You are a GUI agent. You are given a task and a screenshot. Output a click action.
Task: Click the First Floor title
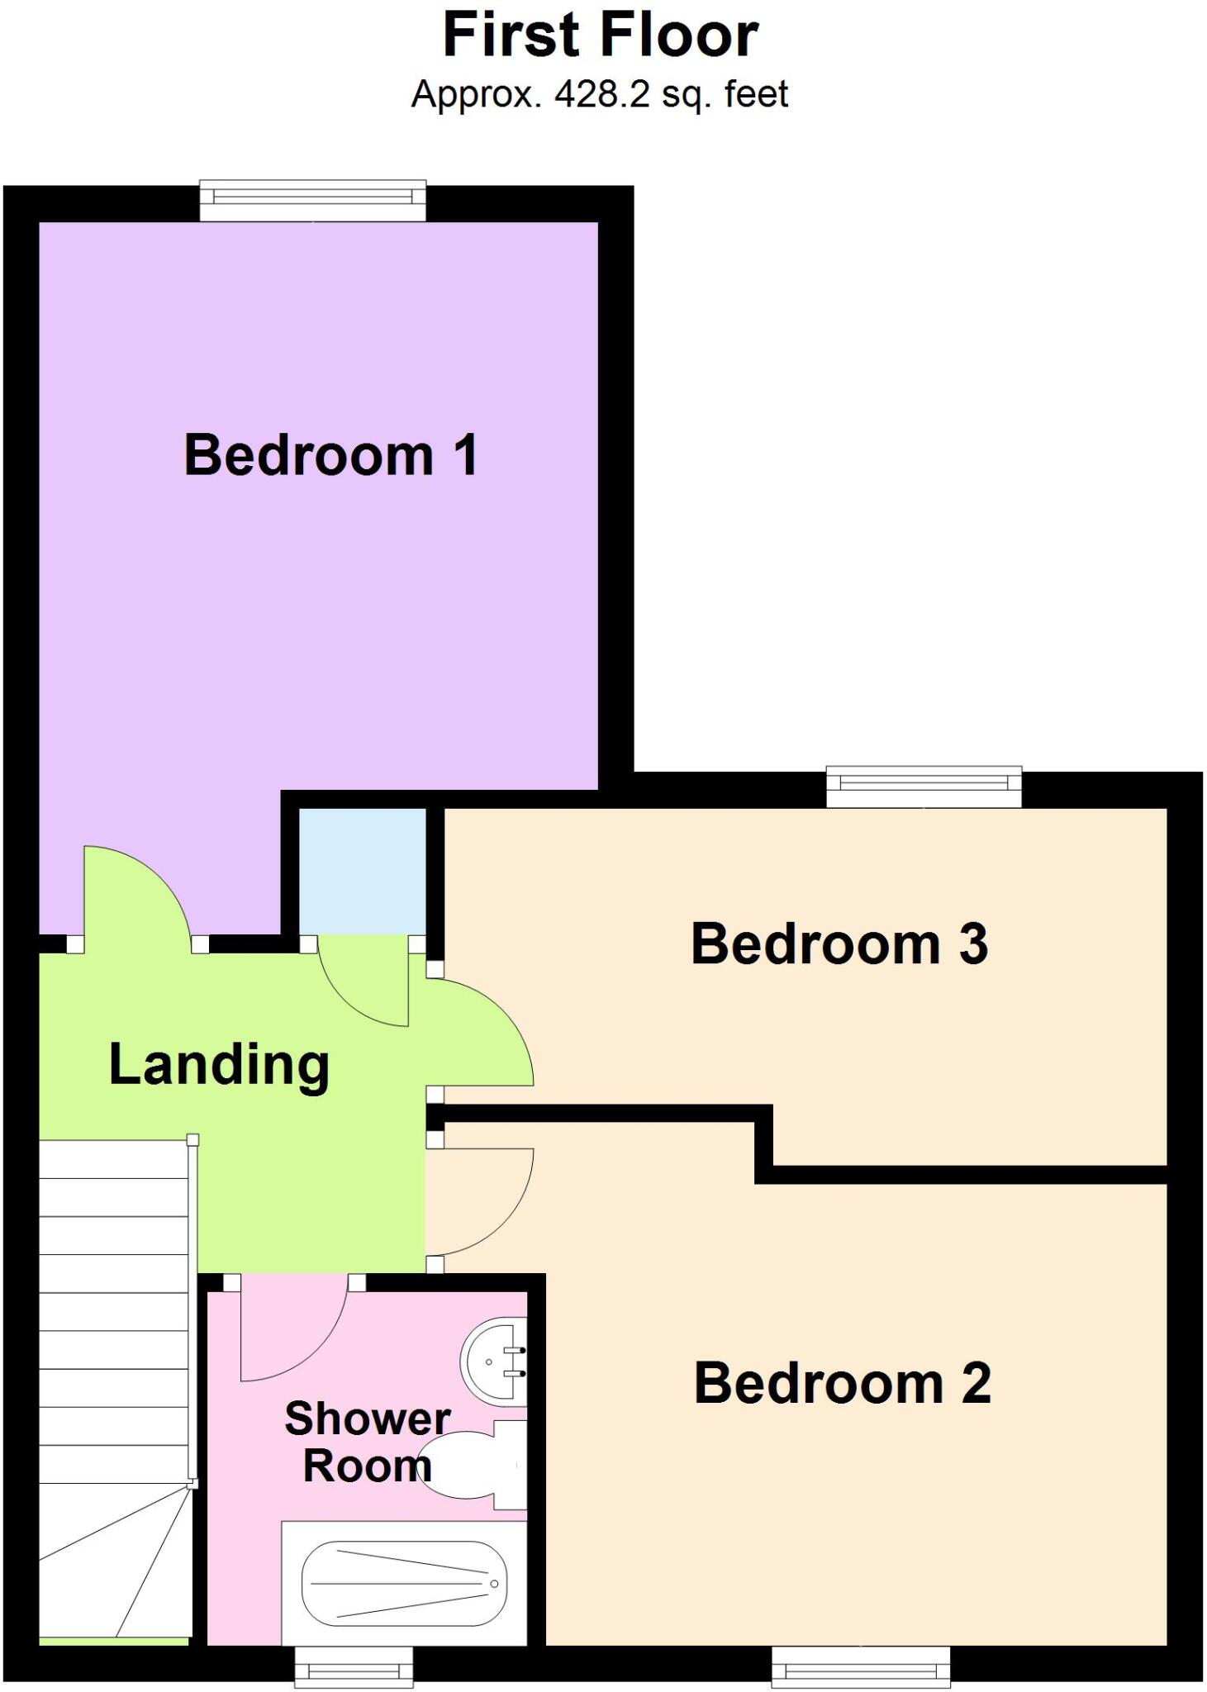point(601,36)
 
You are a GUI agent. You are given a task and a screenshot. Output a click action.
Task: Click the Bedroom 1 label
point(330,455)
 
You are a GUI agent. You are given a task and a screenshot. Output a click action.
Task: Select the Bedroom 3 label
point(839,943)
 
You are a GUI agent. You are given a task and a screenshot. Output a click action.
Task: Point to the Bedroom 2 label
point(842,1383)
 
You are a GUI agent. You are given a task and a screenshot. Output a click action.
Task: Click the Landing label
point(220,1065)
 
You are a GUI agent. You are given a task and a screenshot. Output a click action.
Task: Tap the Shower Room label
point(368,1442)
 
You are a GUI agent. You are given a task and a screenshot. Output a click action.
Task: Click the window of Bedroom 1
point(313,201)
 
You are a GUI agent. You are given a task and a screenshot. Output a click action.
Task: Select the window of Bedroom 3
point(924,787)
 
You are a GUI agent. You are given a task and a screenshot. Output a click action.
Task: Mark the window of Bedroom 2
point(860,1666)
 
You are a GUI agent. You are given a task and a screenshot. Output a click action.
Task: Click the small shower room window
point(354,1666)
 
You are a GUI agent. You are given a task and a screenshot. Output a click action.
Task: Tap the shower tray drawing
point(404,1583)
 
